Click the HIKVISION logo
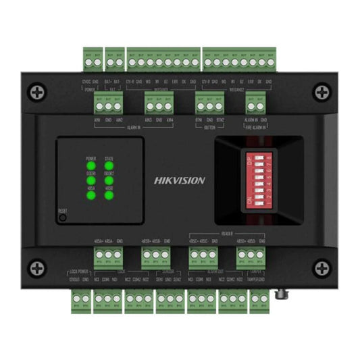pos(180,180)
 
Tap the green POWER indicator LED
pos(91,166)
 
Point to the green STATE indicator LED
pos(109,166)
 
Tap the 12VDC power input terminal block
pos(93,57)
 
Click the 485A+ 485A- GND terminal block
pos(109,255)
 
